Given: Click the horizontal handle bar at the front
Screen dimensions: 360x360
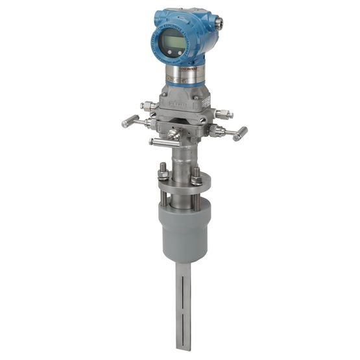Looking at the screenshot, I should (x=162, y=140).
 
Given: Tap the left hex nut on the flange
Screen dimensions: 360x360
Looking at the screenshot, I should (x=163, y=173).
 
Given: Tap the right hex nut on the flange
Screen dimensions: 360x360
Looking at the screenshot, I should (x=196, y=173).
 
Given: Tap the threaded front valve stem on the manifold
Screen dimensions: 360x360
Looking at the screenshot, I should (x=174, y=134).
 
